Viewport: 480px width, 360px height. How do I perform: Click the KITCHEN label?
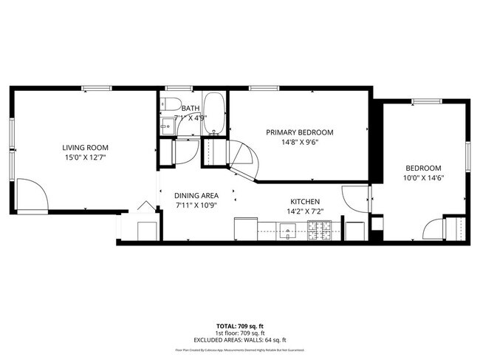coord(304,201)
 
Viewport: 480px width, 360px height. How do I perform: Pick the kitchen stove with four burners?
coord(323,232)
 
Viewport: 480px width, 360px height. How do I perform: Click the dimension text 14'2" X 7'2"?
coord(304,211)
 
